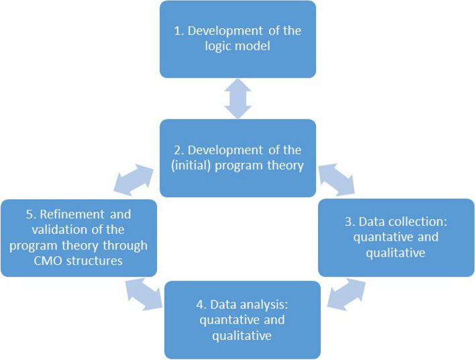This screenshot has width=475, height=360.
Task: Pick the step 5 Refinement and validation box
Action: [x=78, y=237]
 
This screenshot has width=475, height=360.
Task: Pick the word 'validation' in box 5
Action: [x=60, y=231]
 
